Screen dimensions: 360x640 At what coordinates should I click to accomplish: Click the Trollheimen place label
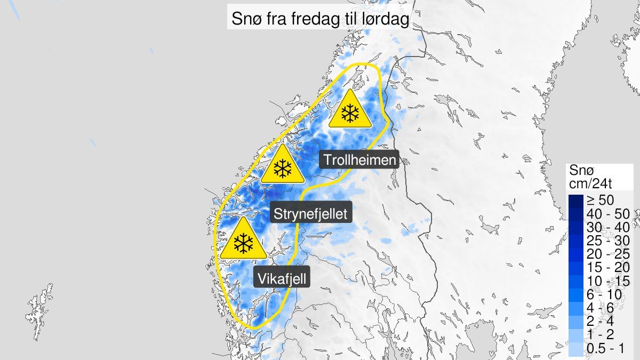(x=360, y=160)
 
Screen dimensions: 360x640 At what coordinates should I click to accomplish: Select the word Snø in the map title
(x=243, y=20)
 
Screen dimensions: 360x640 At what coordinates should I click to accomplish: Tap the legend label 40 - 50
(x=608, y=214)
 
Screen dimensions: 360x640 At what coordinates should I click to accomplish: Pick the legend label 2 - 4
(x=602, y=321)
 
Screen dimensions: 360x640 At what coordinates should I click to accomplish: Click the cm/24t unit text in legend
(x=592, y=185)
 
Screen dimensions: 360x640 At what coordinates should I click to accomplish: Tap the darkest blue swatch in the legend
(x=576, y=201)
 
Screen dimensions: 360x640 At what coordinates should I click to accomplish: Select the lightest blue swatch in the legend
(x=576, y=348)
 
